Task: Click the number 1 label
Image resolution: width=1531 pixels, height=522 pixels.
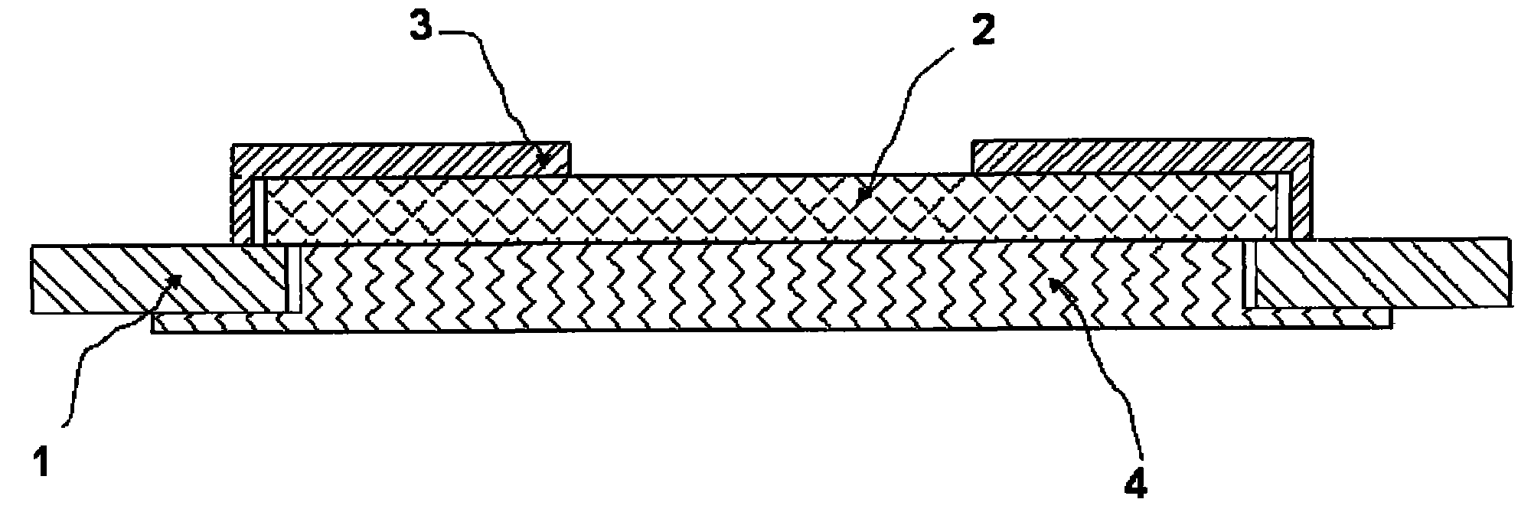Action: click(x=43, y=463)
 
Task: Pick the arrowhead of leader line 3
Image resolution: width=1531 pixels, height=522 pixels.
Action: click(x=543, y=160)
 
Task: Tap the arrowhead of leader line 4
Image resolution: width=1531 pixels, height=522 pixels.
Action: click(x=1053, y=285)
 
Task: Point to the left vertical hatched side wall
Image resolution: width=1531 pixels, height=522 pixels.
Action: click(x=243, y=210)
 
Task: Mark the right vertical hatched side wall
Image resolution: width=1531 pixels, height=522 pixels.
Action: click(x=1299, y=205)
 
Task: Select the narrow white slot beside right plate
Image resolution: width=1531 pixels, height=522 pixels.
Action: click(x=1250, y=274)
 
